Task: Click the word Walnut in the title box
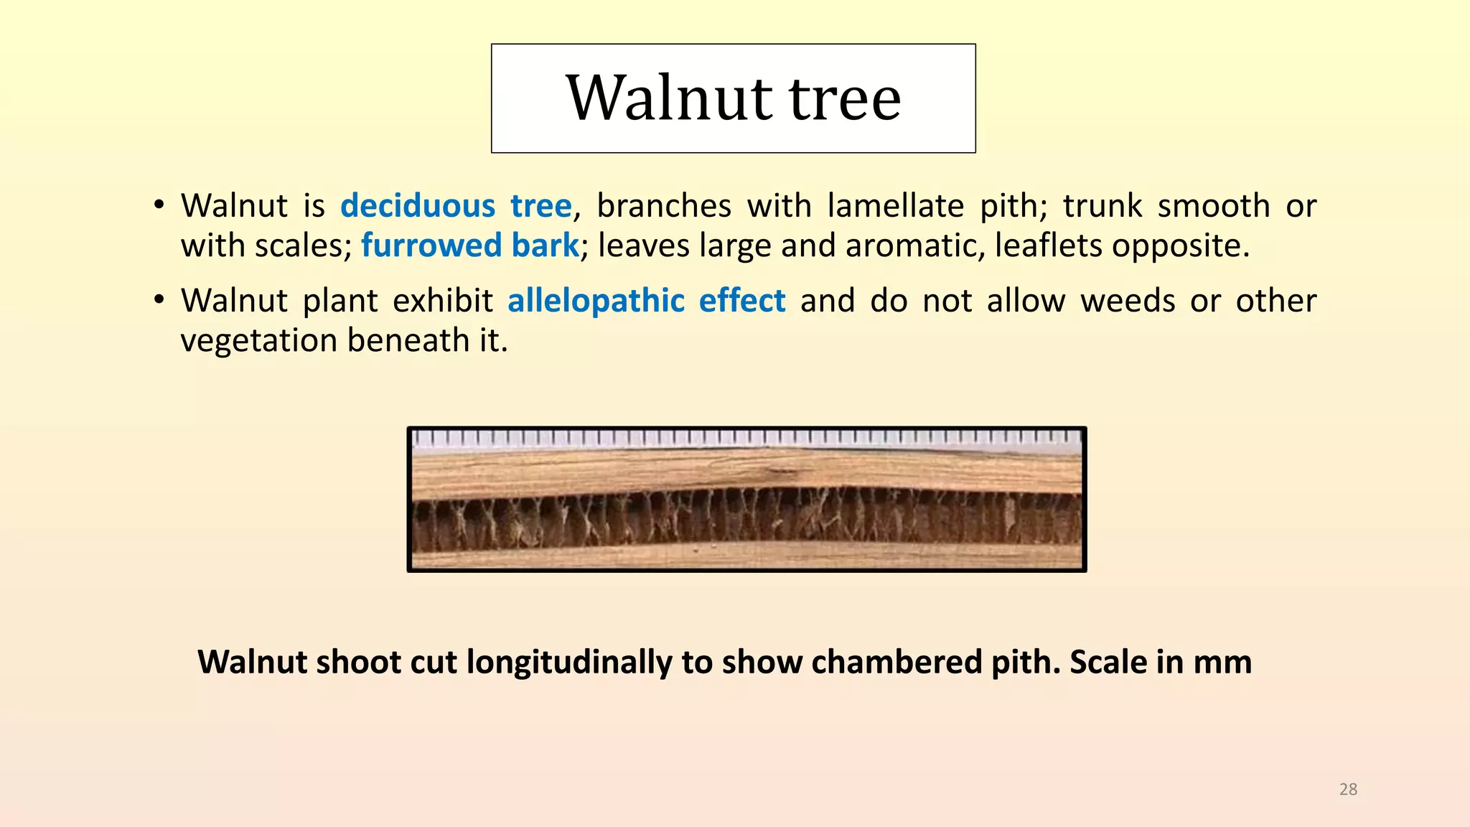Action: [670, 98]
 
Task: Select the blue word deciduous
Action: [417, 206]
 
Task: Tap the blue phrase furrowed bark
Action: [469, 246]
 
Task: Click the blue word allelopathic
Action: [596, 300]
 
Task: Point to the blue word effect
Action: [742, 300]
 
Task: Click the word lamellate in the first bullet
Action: [895, 206]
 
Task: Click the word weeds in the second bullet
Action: [1128, 300]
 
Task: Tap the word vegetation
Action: [258, 340]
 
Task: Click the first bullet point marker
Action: [159, 206]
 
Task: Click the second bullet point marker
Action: [159, 300]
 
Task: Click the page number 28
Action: [1348, 789]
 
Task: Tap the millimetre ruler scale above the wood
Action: [746, 437]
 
